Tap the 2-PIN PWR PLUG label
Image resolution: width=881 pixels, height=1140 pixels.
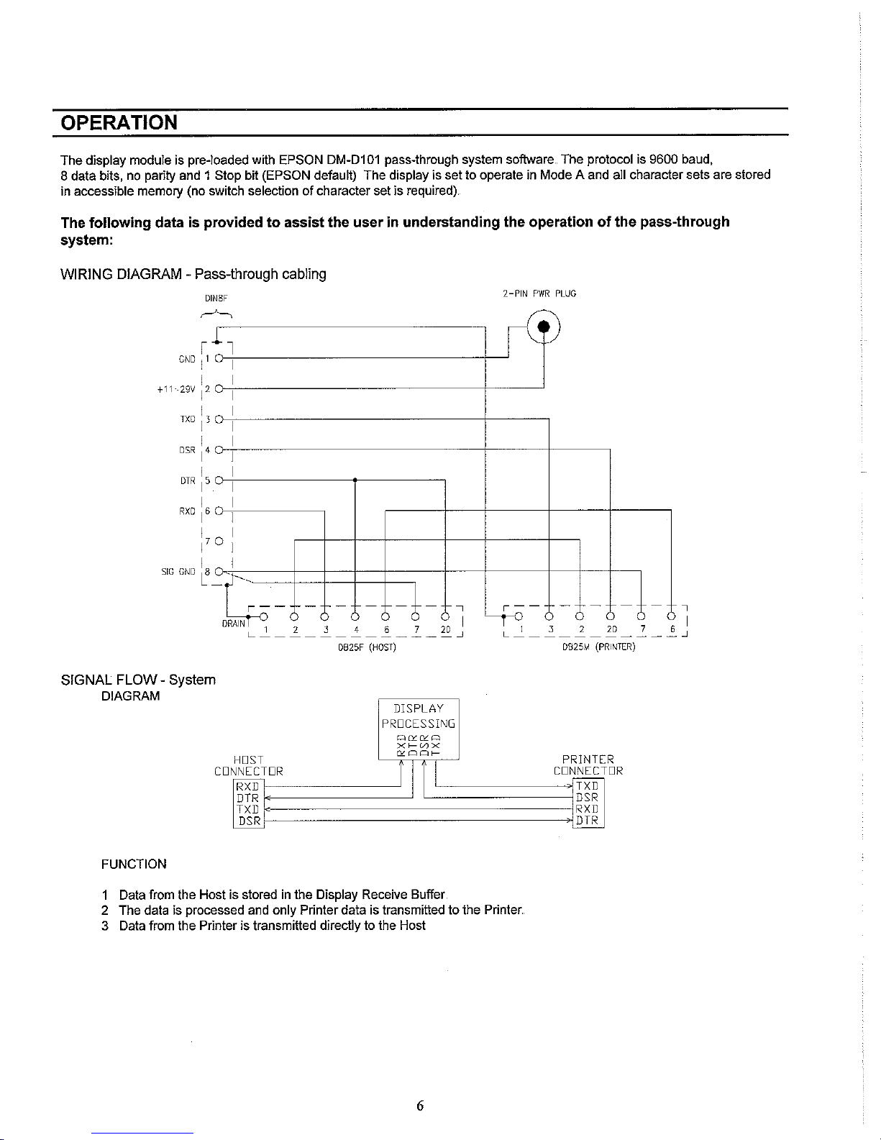pyautogui.click(x=539, y=293)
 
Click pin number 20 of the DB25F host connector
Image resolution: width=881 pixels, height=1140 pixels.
pyautogui.click(x=445, y=631)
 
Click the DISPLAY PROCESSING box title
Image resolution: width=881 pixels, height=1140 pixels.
pyautogui.click(x=419, y=716)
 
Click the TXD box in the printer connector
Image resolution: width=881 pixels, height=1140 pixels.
pyautogui.click(x=588, y=785)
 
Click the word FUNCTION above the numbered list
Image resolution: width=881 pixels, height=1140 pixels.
pyautogui.click(x=134, y=864)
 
